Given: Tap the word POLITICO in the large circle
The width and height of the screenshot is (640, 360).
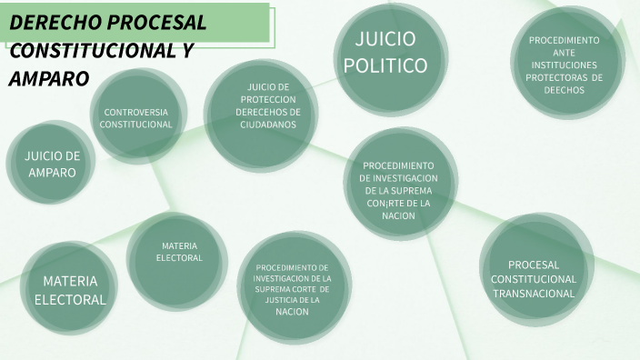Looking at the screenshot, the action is coord(385,65).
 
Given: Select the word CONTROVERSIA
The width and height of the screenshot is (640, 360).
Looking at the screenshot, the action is coord(135,112).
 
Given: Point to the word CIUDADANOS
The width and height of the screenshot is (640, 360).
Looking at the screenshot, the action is coord(267,125).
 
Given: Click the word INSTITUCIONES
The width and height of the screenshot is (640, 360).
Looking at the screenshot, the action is coord(565,65).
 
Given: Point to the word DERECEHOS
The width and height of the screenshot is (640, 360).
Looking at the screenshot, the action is coord(267,112).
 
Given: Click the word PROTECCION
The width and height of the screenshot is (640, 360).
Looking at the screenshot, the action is coord(267,99).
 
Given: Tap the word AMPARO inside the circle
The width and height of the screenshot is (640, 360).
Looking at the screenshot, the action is coord(52,172).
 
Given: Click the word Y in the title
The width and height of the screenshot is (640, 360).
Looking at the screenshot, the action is coord(187,51).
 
